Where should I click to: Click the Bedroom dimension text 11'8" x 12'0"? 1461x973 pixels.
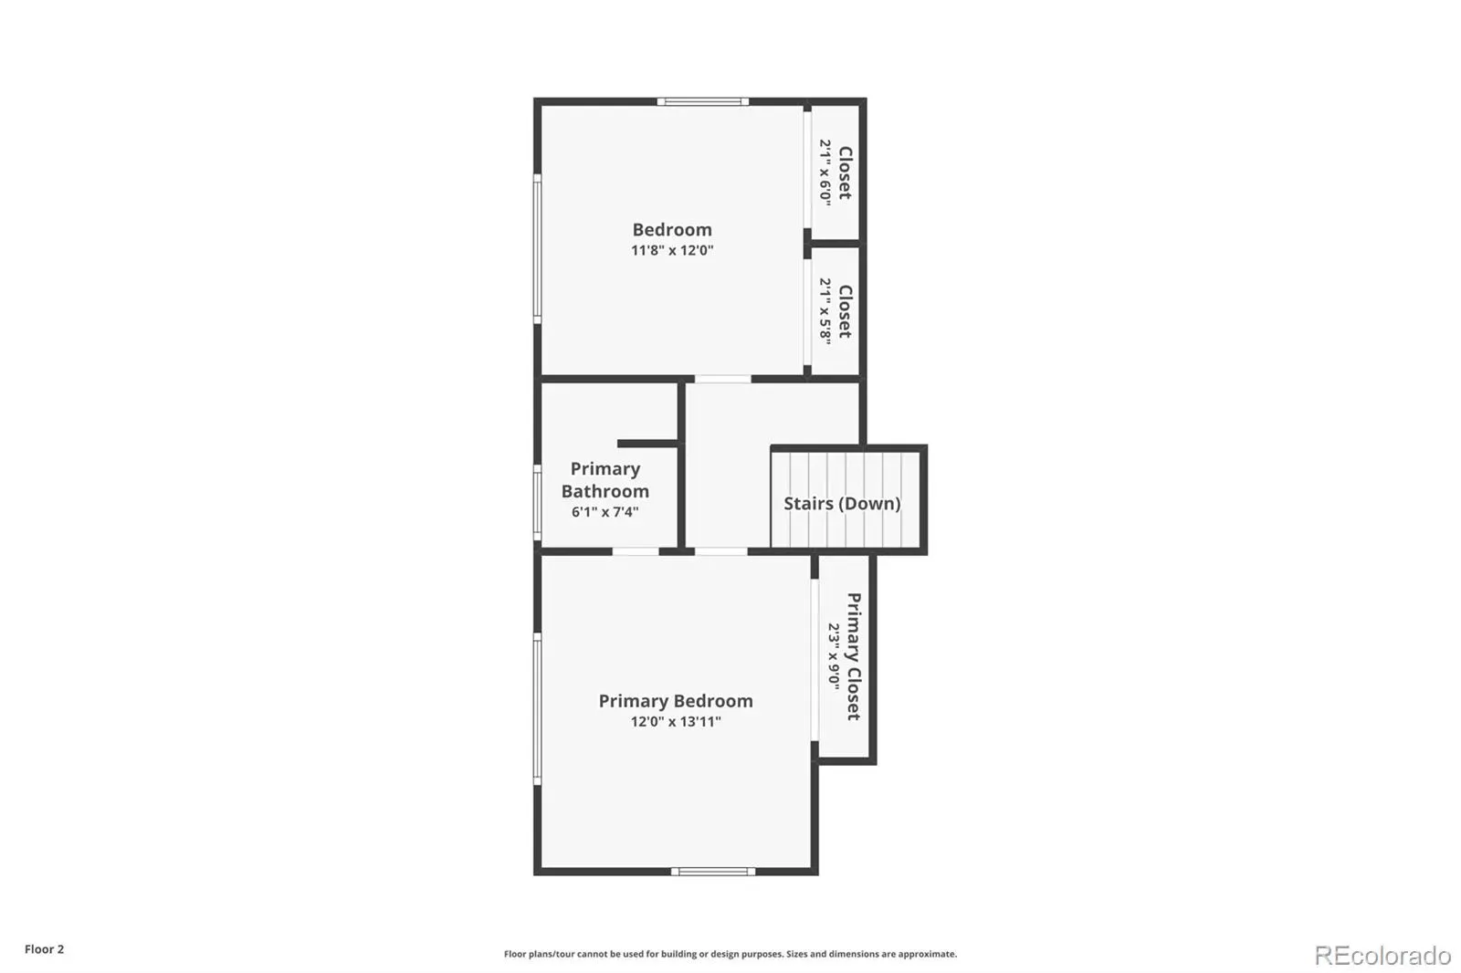coord(672,250)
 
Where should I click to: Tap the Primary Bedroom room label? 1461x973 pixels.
coord(676,701)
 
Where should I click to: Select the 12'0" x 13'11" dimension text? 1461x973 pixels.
coord(676,721)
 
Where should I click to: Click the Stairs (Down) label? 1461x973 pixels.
coord(842,504)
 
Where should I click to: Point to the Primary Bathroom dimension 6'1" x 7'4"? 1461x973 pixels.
coord(604,512)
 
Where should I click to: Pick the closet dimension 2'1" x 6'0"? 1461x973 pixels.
coord(825,173)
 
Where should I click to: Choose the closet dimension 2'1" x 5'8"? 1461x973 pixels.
coord(825,311)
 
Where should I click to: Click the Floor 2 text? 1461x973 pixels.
coord(45,949)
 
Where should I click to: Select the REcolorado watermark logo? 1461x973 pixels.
coord(1382,956)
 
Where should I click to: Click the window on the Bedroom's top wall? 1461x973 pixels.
coord(702,101)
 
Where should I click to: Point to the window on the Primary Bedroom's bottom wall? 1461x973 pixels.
coord(713,872)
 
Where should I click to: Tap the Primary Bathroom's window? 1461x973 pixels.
coord(538,502)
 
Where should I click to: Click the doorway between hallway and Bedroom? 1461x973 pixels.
coord(722,379)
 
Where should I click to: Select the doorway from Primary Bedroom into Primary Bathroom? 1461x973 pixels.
coord(636,551)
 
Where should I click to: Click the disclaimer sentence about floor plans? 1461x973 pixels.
coord(730,954)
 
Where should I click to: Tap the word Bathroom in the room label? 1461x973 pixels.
coord(605,491)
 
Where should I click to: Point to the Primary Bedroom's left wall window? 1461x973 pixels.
coord(538,709)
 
